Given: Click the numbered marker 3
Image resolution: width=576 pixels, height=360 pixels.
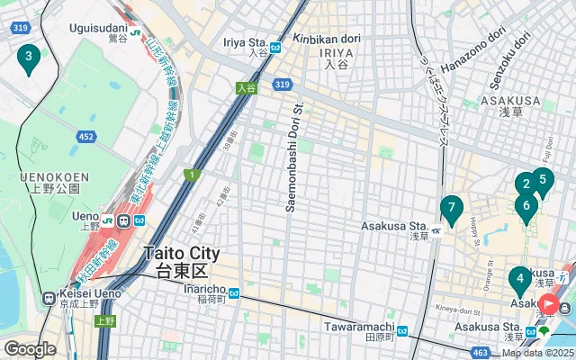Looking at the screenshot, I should pos(29,59).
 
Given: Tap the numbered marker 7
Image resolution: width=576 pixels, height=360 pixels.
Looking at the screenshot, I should pos(452,210).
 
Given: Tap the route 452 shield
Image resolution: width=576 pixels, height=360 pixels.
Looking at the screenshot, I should pos(85,136).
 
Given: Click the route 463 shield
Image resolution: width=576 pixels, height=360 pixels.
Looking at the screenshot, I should pos(482,352).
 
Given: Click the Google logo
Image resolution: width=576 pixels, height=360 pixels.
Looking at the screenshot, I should pos(29,349).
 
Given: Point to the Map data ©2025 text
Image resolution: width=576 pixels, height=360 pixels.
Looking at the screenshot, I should pos(538,353).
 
